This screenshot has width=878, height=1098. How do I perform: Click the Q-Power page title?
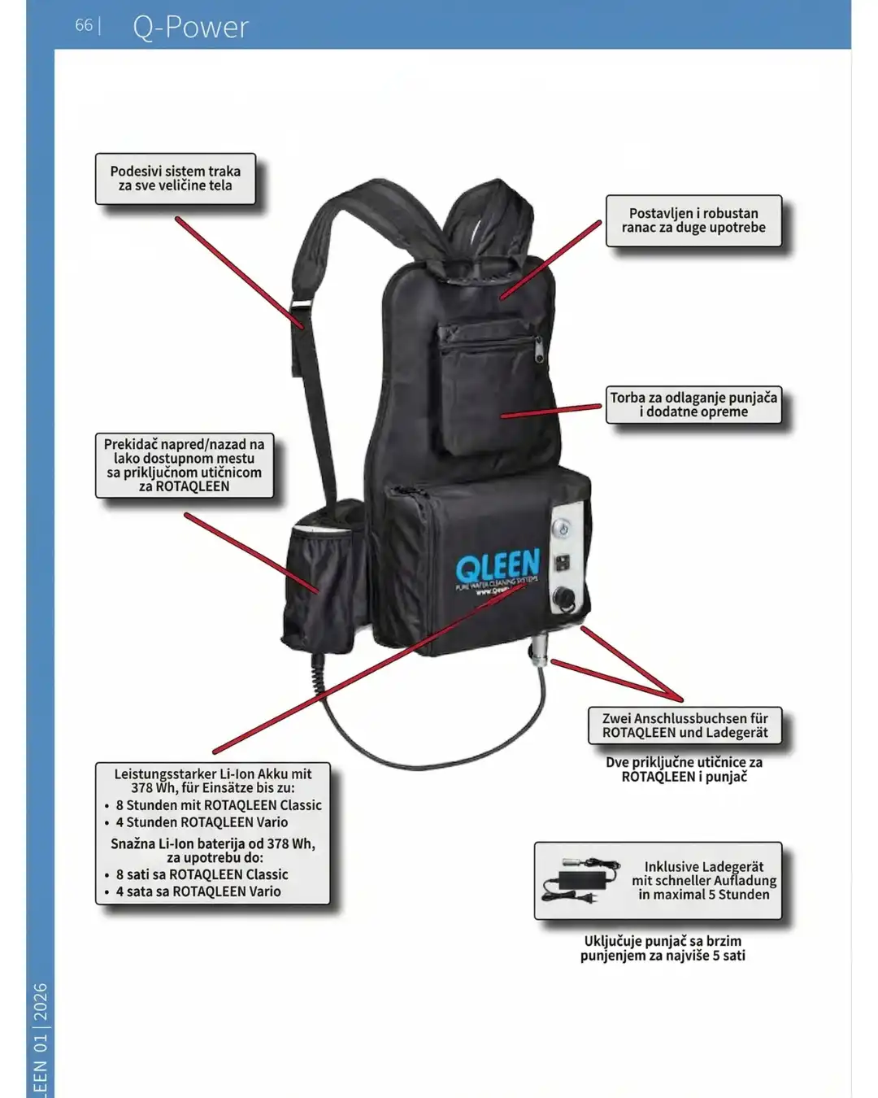coord(190,27)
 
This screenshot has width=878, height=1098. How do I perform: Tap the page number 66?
coord(83,25)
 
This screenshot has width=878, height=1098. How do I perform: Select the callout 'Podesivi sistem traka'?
coord(176,178)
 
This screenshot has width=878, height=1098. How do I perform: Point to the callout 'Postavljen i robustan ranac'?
coord(693,220)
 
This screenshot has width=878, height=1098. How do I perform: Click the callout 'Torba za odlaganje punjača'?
coord(693,404)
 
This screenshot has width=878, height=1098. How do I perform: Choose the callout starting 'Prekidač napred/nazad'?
coord(184,465)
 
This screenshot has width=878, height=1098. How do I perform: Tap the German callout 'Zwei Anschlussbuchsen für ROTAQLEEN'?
coord(685,725)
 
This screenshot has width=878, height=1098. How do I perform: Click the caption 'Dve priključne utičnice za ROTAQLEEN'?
coord(684,769)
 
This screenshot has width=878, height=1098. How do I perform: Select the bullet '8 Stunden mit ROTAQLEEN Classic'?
coord(218,805)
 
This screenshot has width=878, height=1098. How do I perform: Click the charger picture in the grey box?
coord(580,879)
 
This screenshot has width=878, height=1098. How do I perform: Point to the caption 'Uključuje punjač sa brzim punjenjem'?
coord(663,948)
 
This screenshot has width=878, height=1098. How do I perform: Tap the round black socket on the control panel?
coord(563,600)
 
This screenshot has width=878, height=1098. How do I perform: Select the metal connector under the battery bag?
coord(538,653)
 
